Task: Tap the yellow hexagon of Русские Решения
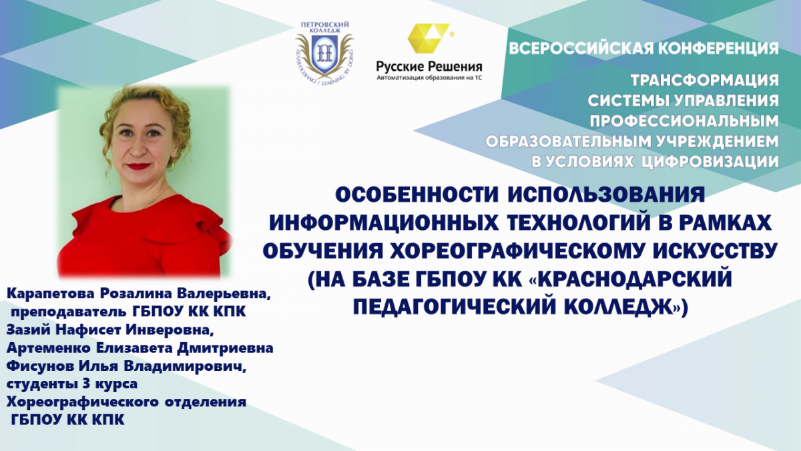pyautogui.click(x=429, y=38)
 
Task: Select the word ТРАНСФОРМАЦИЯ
pyautogui.click(x=704, y=80)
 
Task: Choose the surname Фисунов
pyautogui.click(x=39, y=366)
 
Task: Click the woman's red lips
pyautogui.click(x=140, y=166)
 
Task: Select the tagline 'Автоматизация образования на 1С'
pyautogui.click(x=429, y=78)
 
